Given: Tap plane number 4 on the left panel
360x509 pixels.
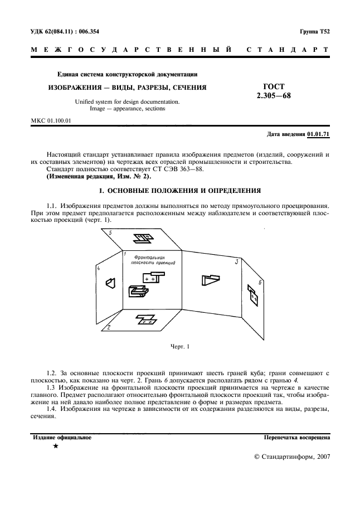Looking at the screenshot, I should (99, 268).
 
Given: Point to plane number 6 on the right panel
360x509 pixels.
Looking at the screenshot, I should (260, 284).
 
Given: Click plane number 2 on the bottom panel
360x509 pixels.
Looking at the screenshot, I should (109, 327).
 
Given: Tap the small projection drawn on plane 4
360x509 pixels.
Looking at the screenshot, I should (111, 283).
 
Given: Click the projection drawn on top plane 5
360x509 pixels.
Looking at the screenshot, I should (143, 239).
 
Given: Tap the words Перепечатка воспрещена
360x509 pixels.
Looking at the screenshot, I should (297, 438).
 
